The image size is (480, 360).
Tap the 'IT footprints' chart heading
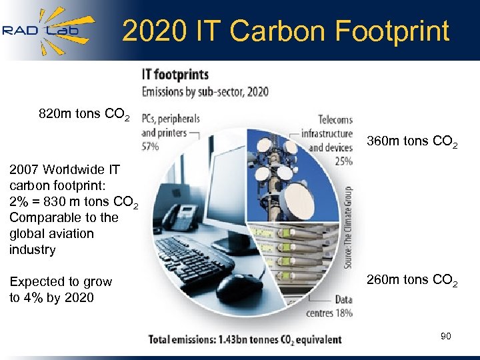click(175, 75)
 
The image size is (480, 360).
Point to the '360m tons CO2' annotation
click(412, 142)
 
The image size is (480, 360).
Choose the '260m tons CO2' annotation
click(412, 280)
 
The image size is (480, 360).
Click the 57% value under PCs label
click(151, 146)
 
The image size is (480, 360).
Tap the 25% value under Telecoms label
click(343, 161)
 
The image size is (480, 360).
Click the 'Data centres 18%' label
click(329, 306)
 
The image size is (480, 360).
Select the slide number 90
click(445, 336)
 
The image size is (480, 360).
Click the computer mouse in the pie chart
click(237, 287)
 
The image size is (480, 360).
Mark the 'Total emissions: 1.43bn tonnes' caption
click(245, 339)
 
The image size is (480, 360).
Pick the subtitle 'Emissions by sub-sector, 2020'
click(205, 91)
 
